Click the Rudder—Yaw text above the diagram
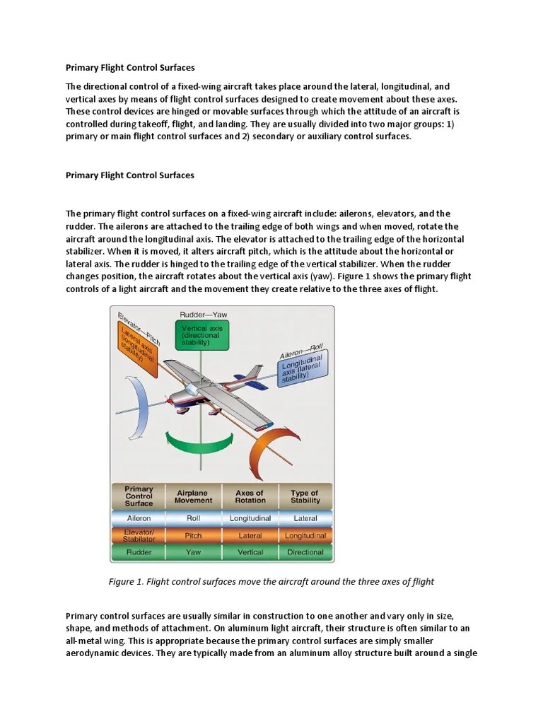pyautogui.click(x=203, y=314)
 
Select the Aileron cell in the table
pyautogui.click(x=139, y=518)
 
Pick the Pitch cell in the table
pyautogui.click(x=193, y=536)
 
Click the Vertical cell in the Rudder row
pyautogui.click(x=250, y=552)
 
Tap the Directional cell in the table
pyautogui.click(x=305, y=552)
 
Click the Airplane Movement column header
pyautogui.click(x=193, y=496)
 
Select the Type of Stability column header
pyautogui.click(x=305, y=496)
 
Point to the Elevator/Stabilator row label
pyautogui.click(x=139, y=535)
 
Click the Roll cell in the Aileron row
pyautogui.click(x=193, y=518)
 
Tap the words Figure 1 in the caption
pyautogui.click(x=125, y=581)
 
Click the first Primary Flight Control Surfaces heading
pyautogui.click(x=129, y=69)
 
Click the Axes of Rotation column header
pyautogui.click(x=250, y=496)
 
